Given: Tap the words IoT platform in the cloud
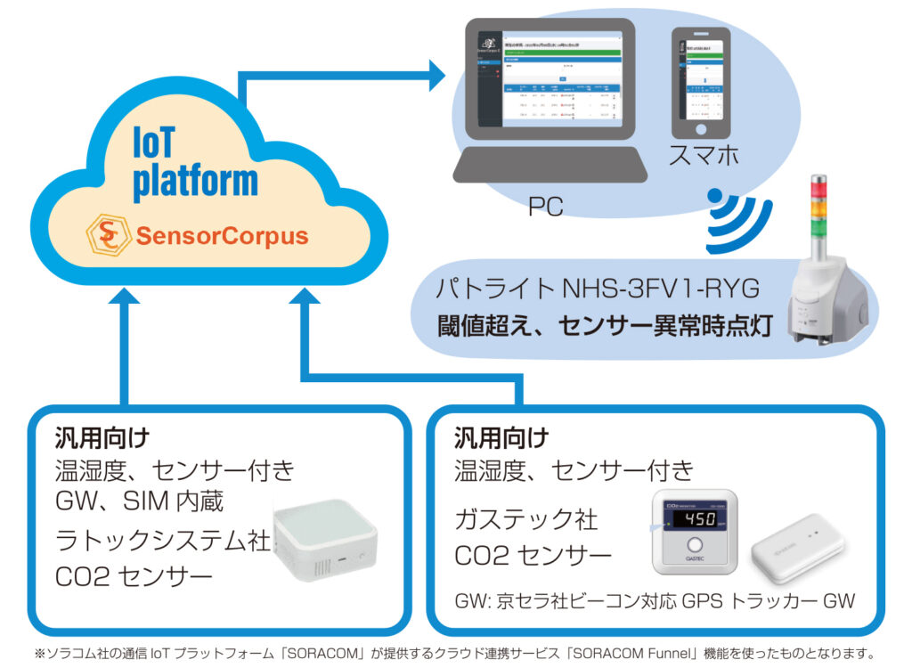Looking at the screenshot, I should click(x=194, y=161).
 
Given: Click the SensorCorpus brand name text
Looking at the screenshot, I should click(x=222, y=237).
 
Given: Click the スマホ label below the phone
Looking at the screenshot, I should click(x=704, y=156).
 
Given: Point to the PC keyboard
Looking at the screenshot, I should click(x=548, y=164).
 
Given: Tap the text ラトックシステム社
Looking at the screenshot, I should click(x=161, y=540).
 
